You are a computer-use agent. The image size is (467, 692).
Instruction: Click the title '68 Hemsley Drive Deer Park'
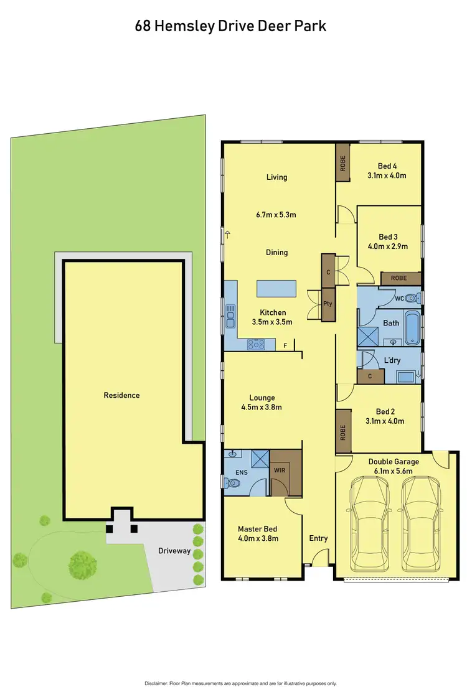(x=230, y=26)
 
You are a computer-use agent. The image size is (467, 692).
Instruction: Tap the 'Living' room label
(x=276, y=177)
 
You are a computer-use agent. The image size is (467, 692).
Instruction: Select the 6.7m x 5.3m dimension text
(x=276, y=215)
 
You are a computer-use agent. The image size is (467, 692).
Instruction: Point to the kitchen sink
(x=230, y=316)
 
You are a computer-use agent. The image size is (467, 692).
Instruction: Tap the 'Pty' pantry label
(x=328, y=304)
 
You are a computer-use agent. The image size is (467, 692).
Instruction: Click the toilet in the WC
(x=412, y=297)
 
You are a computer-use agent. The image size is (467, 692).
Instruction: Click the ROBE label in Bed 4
(x=342, y=163)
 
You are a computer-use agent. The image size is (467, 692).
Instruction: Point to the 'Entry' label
(x=318, y=538)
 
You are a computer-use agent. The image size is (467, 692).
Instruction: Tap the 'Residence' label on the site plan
(x=122, y=395)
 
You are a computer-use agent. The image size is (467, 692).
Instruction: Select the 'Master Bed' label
(x=258, y=530)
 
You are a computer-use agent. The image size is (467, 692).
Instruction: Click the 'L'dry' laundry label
(x=392, y=360)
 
